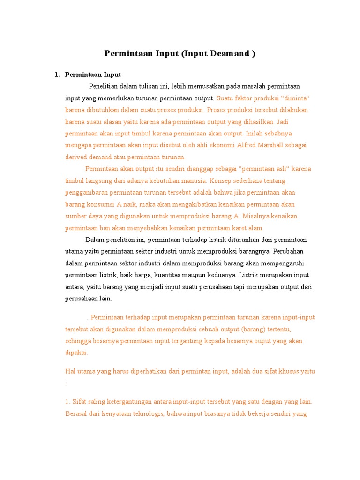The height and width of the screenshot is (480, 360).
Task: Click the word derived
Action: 76,157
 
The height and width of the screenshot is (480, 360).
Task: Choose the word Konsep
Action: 220,180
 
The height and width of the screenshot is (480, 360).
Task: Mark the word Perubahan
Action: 290,251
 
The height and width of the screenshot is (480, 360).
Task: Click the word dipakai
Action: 76,352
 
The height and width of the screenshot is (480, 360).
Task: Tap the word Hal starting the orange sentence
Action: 70,371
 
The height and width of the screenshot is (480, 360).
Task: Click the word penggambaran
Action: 87,193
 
